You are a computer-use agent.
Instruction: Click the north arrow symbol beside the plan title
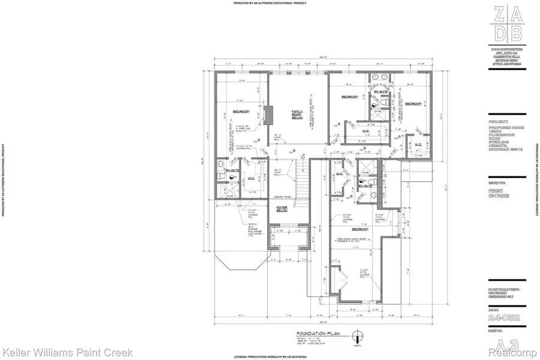358,336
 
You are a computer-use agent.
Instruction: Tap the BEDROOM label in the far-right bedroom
413,104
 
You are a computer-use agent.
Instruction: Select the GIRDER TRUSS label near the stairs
281,196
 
